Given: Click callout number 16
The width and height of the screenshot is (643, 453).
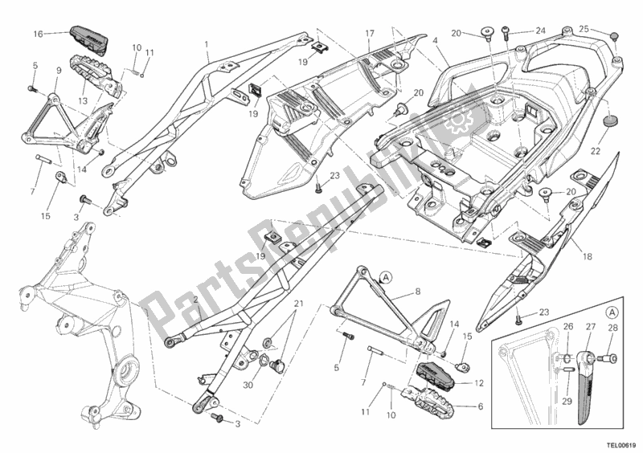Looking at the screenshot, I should click(38, 34).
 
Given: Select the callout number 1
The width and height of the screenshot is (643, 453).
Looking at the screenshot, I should click(207, 44).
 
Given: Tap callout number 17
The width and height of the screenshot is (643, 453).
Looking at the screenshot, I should click(370, 34).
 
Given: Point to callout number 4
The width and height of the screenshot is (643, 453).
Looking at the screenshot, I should click(434, 40).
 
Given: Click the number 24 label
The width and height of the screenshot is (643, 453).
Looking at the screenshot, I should click(540, 32).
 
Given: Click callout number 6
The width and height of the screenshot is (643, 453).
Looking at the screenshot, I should click(480, 406).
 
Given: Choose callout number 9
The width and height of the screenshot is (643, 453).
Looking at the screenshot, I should click(59, 71).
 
